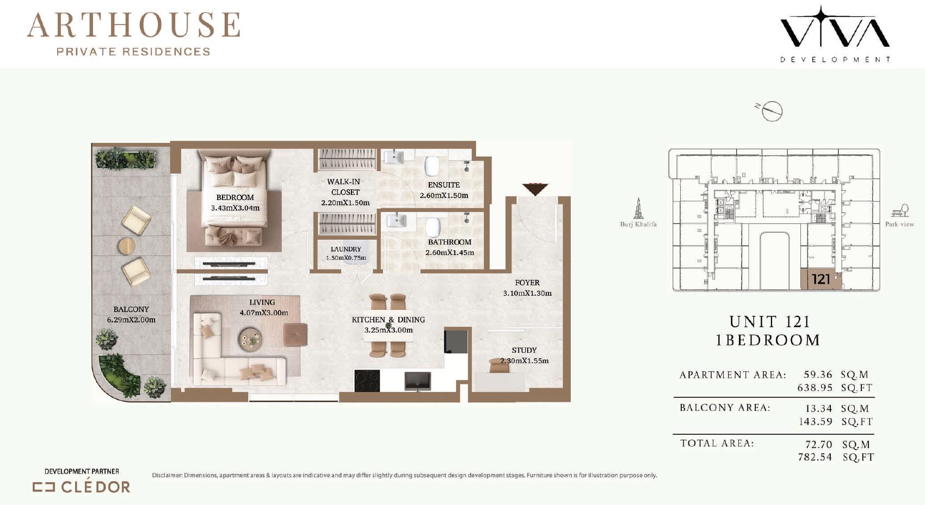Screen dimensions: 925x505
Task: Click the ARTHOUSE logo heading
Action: tap(133, 25)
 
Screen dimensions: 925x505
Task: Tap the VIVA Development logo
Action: tap(835, 34)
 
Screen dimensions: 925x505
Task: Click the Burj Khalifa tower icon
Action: tap(638, 208)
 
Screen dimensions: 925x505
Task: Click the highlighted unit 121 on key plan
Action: tap(821, 279)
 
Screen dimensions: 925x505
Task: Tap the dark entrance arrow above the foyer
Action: tap(535, 189)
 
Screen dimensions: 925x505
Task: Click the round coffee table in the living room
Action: tap(250, 339)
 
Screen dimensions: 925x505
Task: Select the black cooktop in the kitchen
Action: tap(367, 381)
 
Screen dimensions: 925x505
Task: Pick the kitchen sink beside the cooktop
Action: tap(417, 381)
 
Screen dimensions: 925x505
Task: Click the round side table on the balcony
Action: tap(126, 246)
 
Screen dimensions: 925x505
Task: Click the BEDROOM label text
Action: tap(235, 197)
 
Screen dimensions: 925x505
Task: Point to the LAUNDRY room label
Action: tap(346, 249)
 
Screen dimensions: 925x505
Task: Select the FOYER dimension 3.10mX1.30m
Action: tap(527, 294)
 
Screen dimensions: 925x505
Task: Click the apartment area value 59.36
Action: tap(818, 374)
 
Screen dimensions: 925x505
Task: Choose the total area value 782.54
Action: tap(815, 457)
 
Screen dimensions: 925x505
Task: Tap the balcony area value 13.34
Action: tap(818, 408)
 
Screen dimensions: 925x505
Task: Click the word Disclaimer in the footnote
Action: tap(167, 475)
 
